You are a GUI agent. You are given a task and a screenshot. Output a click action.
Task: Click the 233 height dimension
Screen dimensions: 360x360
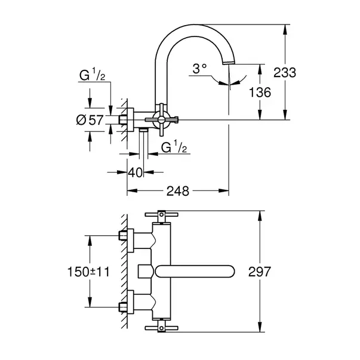click(x=285, y=73)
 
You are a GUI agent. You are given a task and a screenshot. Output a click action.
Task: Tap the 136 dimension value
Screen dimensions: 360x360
click(x=260, y=93)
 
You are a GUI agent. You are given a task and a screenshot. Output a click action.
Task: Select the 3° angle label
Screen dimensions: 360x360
click(x=199, y=69)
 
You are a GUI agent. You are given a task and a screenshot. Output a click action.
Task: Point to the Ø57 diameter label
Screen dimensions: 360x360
click(x=90, y=120)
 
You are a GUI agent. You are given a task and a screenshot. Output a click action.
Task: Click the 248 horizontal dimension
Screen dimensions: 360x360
click(x=178, y=191)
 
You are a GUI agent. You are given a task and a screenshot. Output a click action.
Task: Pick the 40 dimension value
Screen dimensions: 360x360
click(x=136, y=172)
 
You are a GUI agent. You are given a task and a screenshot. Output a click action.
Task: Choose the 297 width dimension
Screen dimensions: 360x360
click(x=260, y=272)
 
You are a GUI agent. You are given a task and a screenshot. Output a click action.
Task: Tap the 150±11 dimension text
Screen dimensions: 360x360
click(x=88, y=272)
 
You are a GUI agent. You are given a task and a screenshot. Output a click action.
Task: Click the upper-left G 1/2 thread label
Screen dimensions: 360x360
click(x=93, y=74)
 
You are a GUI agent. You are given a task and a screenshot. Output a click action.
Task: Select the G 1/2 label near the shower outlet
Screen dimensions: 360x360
click(x=174, y=147)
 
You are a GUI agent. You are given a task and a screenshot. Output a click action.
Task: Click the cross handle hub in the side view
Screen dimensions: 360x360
click(x=161, y=119)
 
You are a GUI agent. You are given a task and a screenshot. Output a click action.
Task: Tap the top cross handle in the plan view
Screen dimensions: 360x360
click(x=161, y=215)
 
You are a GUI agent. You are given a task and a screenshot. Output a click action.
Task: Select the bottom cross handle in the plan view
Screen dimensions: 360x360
click(x=161, y=326)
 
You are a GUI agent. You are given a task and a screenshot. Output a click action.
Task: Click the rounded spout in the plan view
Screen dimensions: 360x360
click(x=195, y=272)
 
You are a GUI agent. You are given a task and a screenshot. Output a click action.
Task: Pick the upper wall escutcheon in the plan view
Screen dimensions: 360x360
click(x=130, y=241)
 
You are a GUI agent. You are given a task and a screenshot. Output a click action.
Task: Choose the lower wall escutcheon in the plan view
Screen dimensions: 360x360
click(x=130, y=302)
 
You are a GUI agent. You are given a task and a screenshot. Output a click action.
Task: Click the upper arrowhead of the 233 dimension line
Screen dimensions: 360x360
click(x=285, y=29)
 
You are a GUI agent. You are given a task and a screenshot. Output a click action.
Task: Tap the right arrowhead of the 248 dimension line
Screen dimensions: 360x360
click(x=224, y=190)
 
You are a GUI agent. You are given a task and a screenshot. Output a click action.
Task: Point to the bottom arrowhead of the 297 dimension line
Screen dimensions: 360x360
click(x=260, y=327)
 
